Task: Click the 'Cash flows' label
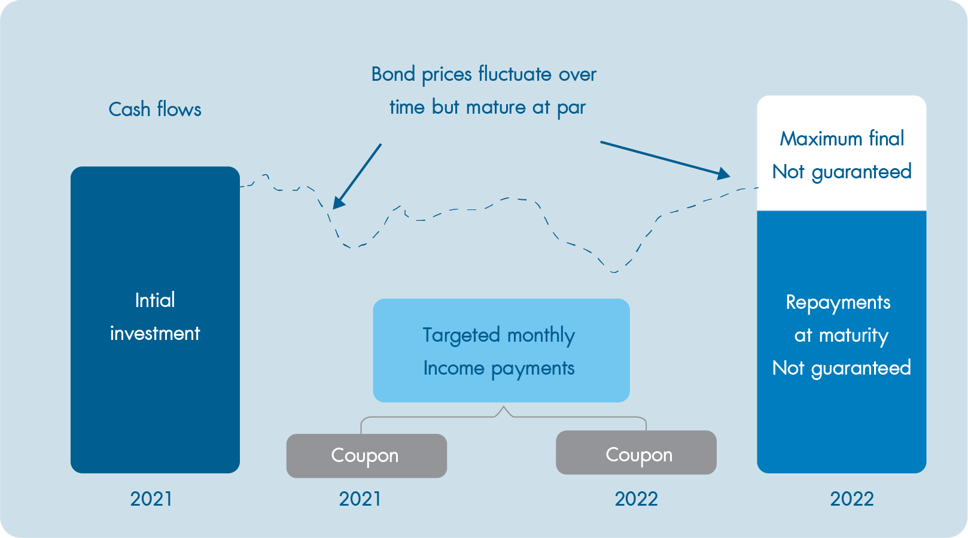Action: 155,110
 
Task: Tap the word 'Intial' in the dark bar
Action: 155,300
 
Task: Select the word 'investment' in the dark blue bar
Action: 155,333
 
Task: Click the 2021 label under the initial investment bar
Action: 151,499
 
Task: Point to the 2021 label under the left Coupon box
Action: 360,499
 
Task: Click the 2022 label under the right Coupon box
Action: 636,499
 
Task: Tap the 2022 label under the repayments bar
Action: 852,499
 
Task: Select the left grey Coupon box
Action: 367,455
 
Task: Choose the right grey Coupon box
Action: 636,452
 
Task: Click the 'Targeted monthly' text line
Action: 499,335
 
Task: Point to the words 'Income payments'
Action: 499,369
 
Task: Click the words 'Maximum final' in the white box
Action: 842,139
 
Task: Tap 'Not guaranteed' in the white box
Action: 842,172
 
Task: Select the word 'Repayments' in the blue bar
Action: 838,302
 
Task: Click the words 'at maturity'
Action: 841,336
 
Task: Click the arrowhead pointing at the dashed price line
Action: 339,202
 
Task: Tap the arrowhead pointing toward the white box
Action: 723,174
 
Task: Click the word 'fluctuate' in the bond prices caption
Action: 515,74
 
